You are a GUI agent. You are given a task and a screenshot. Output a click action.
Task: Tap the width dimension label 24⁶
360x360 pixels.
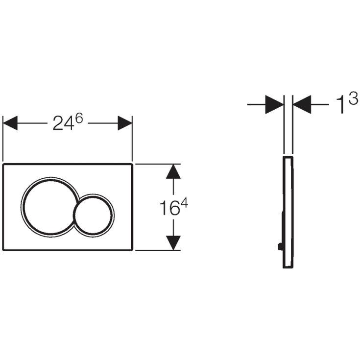(68, 122)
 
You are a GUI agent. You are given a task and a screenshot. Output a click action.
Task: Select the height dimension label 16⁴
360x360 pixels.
(173, 207)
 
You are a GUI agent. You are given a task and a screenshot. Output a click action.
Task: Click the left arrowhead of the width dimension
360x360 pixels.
(10, 123)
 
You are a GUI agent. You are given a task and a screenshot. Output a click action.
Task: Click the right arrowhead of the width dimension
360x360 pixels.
(125, 123)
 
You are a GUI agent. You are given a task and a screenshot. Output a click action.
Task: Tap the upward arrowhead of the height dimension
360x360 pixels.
(173, 171)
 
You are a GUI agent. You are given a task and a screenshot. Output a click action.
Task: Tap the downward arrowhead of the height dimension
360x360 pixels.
(173, 243)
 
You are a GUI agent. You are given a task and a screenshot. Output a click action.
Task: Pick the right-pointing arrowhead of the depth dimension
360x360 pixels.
(274, 104)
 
